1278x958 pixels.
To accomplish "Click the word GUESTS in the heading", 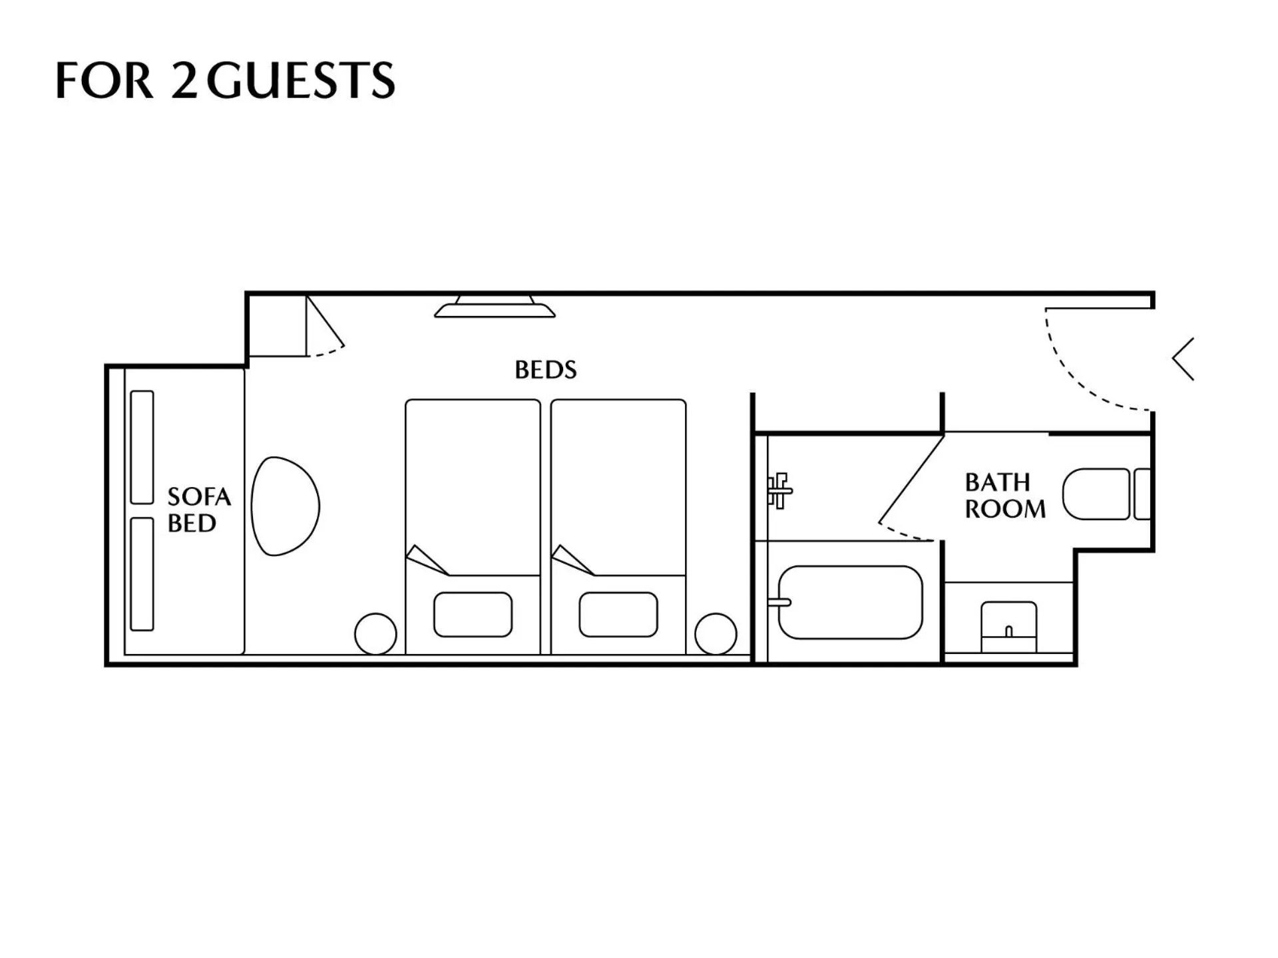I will coord(301,80).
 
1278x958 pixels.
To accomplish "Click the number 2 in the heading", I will coord(184,80).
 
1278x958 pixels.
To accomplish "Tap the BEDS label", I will coord(545,370).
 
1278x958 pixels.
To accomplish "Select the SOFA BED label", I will coord(198,510).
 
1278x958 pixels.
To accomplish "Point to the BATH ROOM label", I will coord(1004,496).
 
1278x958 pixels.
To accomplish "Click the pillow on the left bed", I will coord(473,615).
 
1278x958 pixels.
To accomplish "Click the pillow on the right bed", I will coord(618,615).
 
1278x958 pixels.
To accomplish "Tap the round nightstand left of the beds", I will coord(375,634).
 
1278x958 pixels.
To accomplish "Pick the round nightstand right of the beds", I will coord(716,634).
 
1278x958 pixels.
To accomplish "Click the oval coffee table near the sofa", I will coord(284,506).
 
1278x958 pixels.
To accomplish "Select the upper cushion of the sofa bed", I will coord(142,447).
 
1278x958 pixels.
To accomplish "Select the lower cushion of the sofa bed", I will coord(142,574).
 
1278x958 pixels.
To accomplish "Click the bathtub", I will coord(850,602).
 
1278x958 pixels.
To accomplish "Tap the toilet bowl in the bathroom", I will coord(1096,494).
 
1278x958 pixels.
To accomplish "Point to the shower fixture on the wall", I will coord(778,491).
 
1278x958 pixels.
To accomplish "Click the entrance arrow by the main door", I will coord(1183,359).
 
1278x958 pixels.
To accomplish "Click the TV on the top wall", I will coord(495,307).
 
